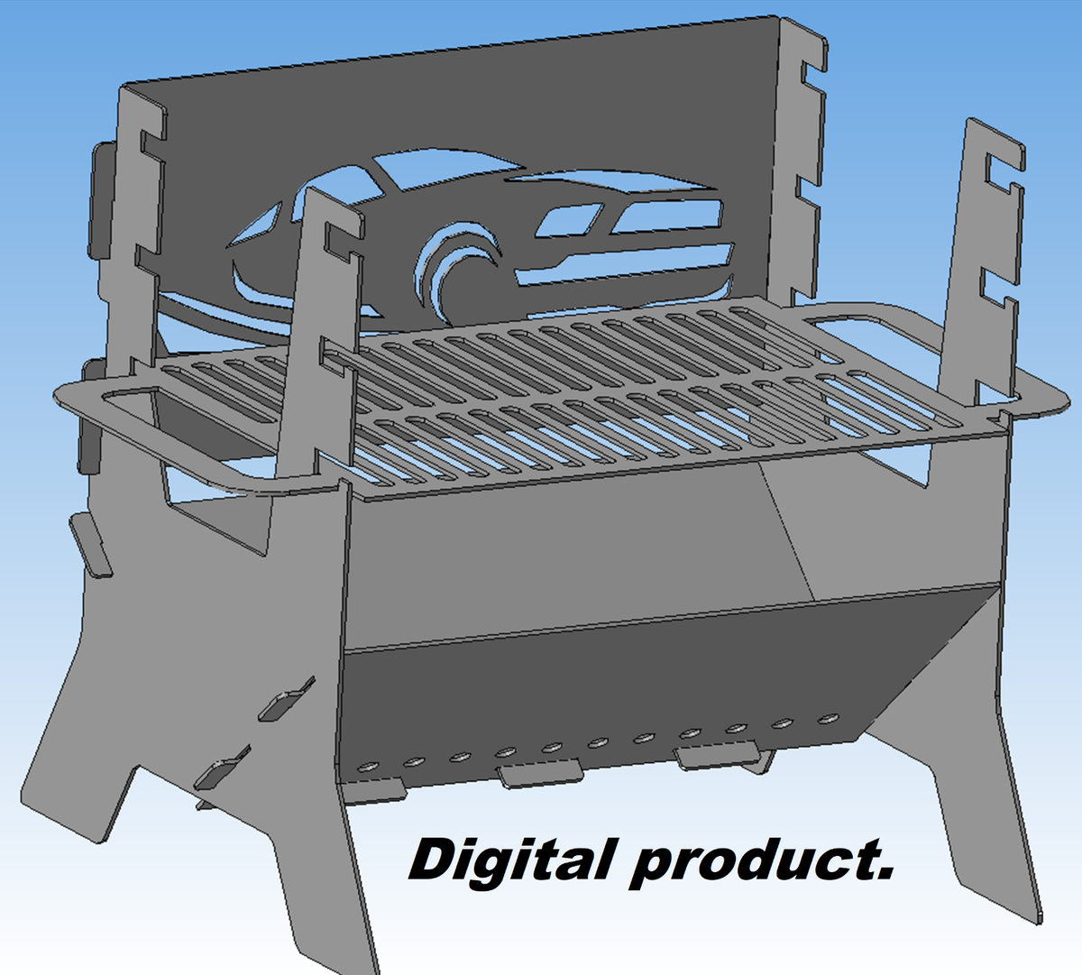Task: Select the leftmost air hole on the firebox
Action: [367, 767]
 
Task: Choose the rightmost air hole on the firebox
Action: [827, 719]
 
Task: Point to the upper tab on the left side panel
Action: [287, 703]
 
